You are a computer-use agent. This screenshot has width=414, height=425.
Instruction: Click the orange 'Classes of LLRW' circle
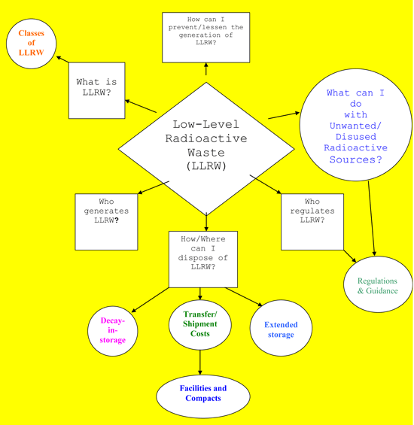point(32,44)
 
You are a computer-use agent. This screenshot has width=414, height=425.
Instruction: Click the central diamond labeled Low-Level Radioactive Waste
point(206,147)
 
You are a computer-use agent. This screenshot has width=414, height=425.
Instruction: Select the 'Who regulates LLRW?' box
point(312,221)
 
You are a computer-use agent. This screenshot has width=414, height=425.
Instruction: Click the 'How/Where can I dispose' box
point(202,259)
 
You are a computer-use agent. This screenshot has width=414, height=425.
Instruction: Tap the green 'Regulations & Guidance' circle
point(377,285)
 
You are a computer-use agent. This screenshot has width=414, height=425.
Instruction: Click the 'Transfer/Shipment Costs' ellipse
point(199,324)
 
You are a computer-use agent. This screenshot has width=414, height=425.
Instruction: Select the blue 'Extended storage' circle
point(281,329)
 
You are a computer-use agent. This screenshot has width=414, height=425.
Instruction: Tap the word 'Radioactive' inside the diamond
point(206,138)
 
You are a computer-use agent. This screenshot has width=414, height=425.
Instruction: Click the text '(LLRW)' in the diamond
point(206,165)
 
